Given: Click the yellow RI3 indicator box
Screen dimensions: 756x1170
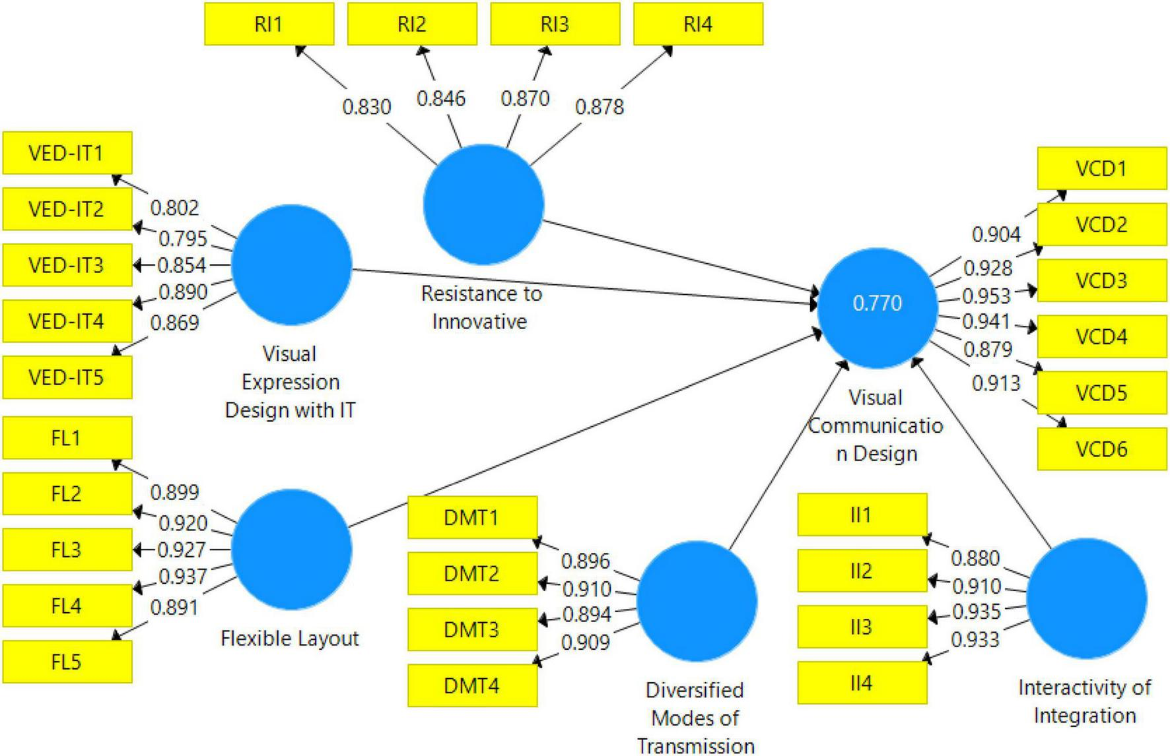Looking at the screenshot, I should (555, 24).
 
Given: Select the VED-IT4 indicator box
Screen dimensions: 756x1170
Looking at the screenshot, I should (67, 321).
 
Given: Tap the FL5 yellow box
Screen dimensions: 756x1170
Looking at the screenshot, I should (67, 662).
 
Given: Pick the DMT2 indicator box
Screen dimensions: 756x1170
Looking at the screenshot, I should (471, 573).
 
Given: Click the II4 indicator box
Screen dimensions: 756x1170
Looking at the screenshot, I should (862, 683).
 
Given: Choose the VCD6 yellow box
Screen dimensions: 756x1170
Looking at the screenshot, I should (1101, 449).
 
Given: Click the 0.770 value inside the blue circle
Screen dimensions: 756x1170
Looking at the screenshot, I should (877, 303).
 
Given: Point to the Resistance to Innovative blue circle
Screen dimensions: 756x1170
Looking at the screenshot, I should (483, 205).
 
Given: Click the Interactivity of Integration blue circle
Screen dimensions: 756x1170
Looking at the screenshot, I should (1086, 598).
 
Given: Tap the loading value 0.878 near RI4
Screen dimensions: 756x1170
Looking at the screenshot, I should (599, 107).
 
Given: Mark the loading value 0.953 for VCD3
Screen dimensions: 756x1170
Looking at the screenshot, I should (986, 296).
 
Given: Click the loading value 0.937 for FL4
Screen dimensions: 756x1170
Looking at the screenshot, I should (183, 577).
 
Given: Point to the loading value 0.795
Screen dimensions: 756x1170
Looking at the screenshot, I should (183, 238).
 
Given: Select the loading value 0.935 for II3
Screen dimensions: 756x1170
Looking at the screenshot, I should (977, 612).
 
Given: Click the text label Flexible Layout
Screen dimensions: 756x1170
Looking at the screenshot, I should (289, 639).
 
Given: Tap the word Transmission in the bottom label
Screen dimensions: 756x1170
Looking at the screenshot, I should (696, 746).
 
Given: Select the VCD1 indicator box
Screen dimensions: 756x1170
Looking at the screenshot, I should (1101, 168).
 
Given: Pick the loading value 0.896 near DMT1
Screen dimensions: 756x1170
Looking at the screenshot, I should (585, 561).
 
